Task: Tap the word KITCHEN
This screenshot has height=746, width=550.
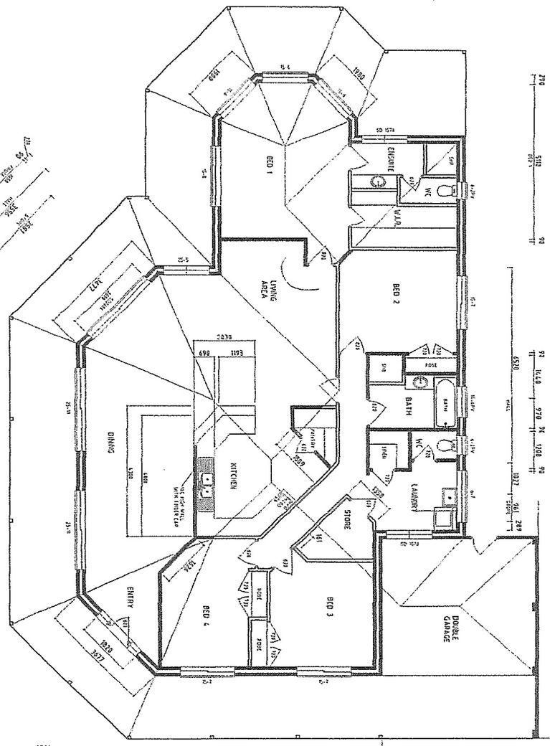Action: coord(233,476)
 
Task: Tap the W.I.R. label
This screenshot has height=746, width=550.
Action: coord(397,219)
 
